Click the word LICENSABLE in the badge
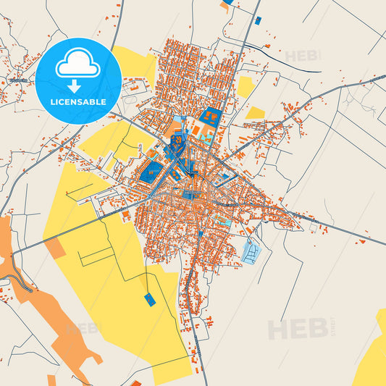tap(78, 101)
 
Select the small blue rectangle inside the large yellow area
tap(150, 300)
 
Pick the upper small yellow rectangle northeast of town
tap(246, 88)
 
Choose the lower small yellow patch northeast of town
tap(255, 113)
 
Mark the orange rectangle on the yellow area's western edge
tap(55, 249)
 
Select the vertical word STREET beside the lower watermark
tap(332, 328)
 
